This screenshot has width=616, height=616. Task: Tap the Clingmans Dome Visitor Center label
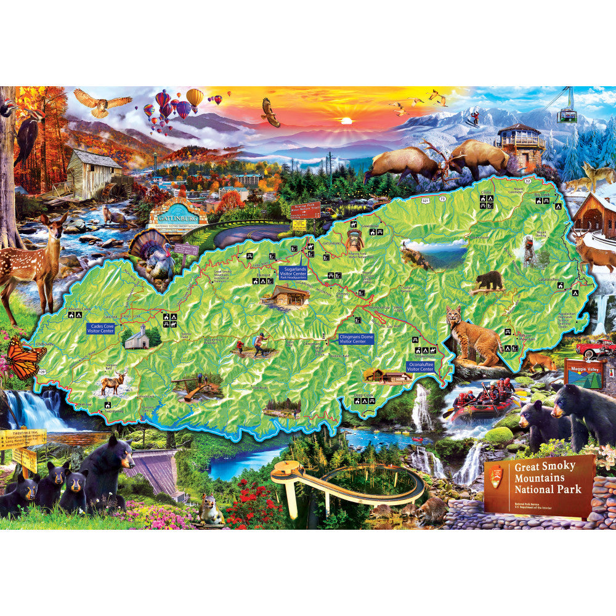pos(356,338)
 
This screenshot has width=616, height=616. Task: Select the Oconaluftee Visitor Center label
pos(420,367)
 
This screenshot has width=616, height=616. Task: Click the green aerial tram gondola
pos(567,114)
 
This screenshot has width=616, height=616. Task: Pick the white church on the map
pos(137,338)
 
